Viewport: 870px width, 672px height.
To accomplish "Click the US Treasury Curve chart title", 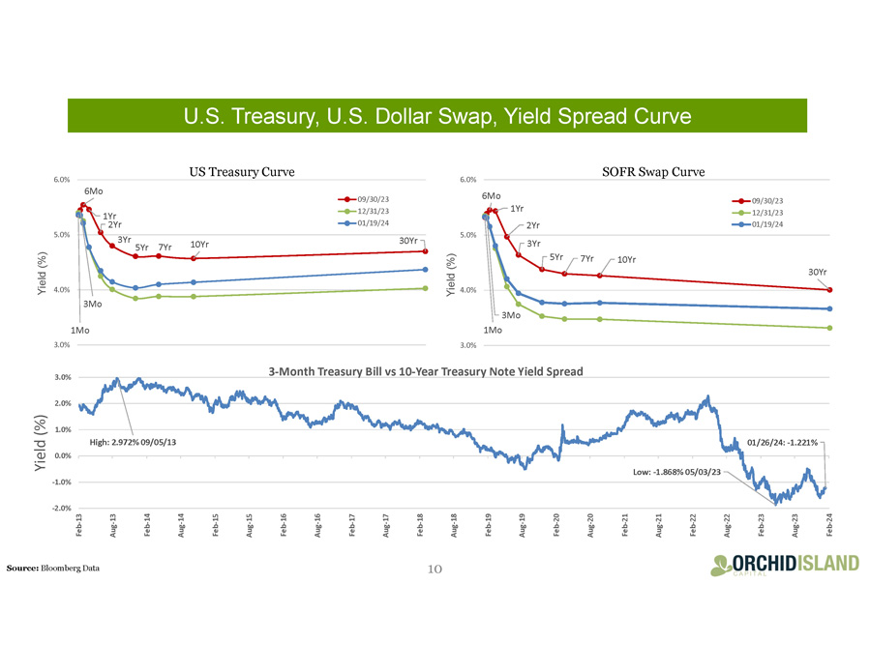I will point(241,171).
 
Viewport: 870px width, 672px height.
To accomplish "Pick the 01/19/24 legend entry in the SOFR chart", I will point(765,224).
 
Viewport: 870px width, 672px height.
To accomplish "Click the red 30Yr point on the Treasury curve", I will point(426,251).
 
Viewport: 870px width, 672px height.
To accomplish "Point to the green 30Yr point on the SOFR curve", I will point(830,328).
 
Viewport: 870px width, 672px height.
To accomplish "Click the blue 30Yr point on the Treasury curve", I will point(426,270).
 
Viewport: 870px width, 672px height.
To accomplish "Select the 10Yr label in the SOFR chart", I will point(626,259).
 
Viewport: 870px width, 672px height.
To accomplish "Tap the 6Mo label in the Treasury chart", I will point(94,191).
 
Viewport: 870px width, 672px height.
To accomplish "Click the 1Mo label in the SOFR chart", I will point(493,330).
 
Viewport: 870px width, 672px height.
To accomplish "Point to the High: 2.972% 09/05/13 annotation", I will point(134,442).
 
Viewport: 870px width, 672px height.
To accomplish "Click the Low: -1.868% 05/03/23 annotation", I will point(675,471).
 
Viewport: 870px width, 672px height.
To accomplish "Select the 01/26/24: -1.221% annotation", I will point(782,442).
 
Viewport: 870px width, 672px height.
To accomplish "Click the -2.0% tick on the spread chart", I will point(62,509).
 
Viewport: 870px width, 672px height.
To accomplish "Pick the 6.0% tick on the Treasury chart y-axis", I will point(61,180).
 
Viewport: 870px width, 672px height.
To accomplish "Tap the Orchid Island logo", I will point(783,564).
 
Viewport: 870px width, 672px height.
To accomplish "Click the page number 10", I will point(435,568).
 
